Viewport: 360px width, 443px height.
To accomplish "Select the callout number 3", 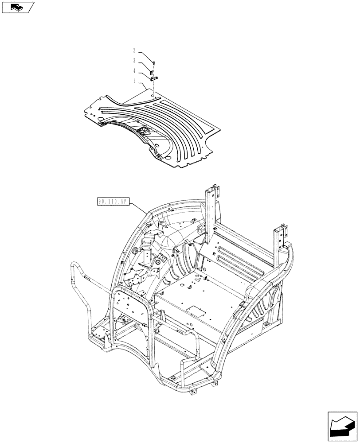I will (134, 60).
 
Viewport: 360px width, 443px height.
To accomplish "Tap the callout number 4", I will (134, 70).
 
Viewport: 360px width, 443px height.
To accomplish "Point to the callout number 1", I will (134, 81).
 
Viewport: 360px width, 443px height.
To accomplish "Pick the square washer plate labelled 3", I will (152, 72).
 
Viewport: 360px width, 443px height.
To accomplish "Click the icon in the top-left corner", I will (17, 7).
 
